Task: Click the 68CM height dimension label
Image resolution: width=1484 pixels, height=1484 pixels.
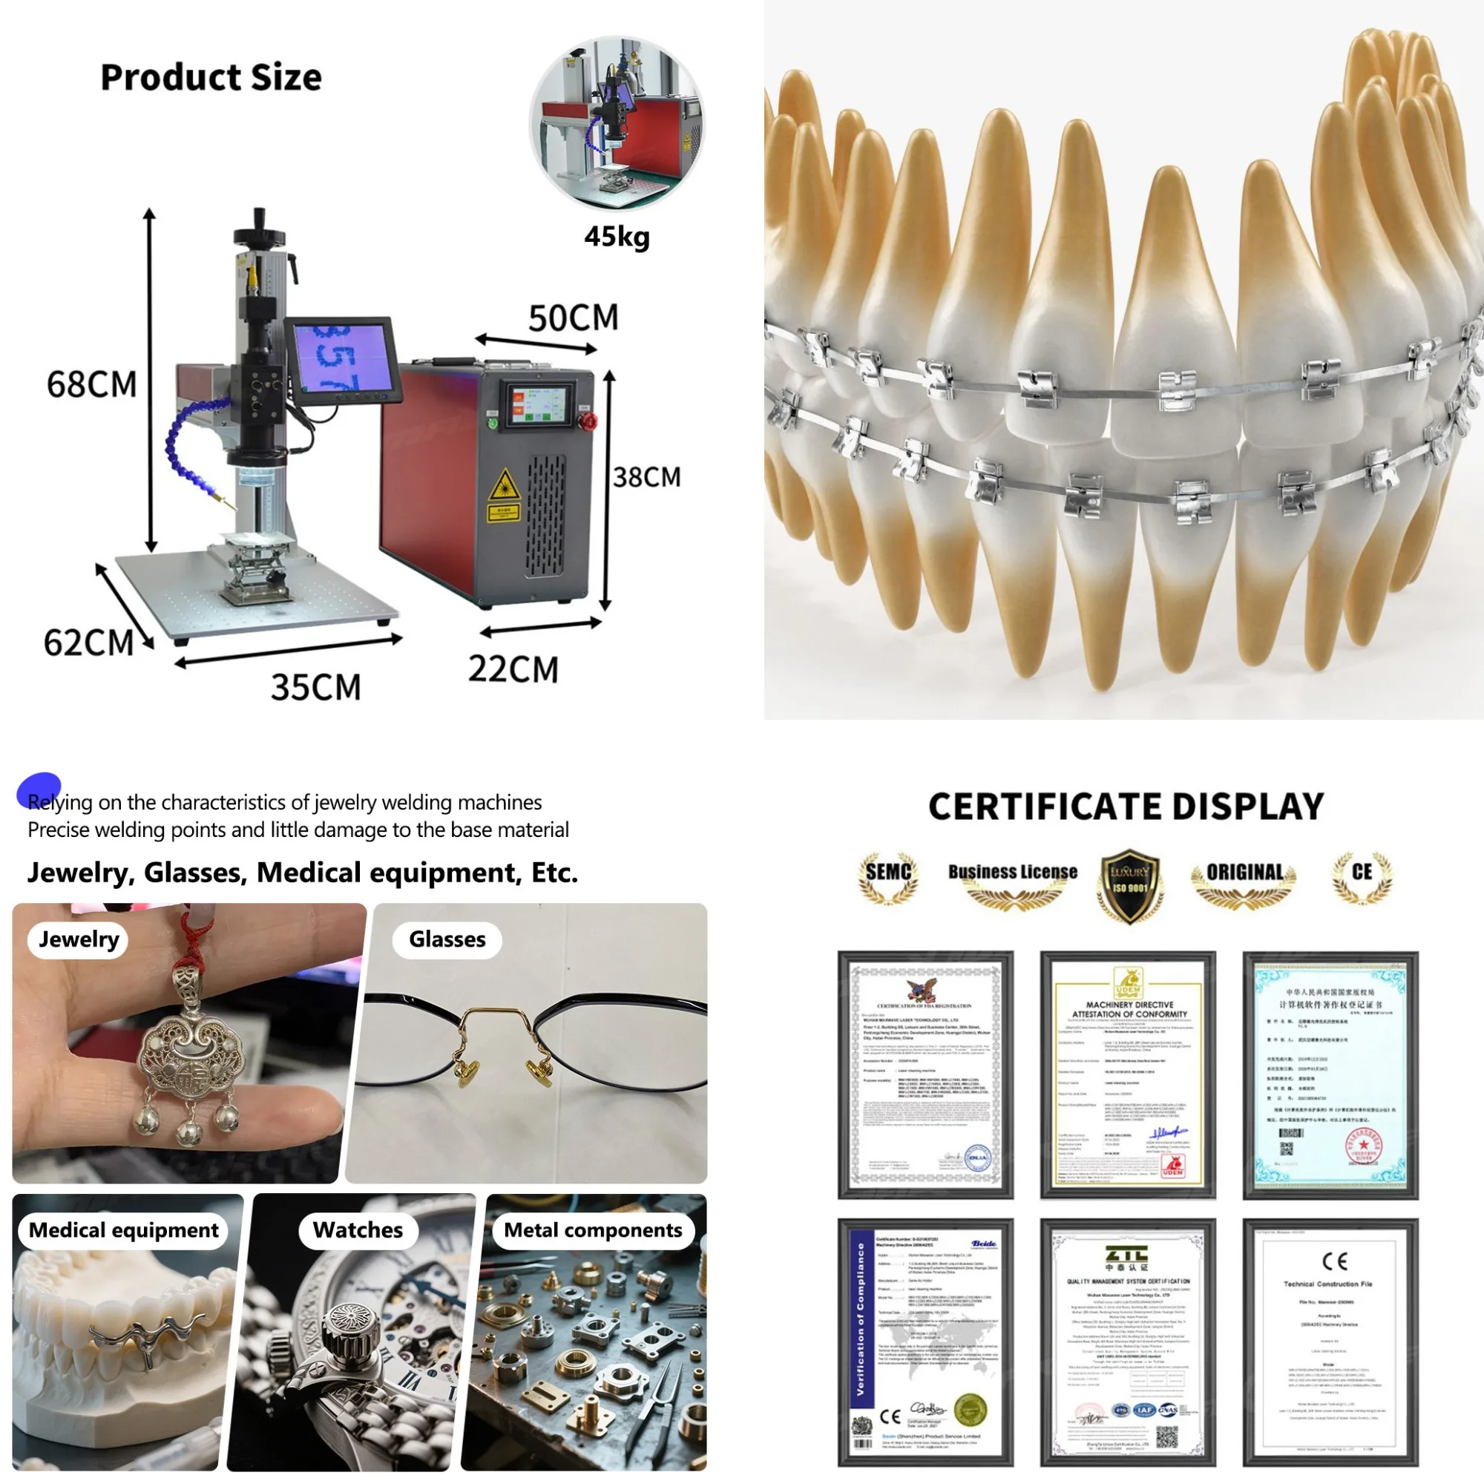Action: [x=91, y=384]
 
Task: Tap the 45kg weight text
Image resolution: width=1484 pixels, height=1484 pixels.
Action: [x=617, y=237]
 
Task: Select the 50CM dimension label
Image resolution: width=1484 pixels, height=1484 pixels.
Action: [x=573, y=318]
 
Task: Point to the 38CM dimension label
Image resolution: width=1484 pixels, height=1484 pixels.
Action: [x=647, y=477]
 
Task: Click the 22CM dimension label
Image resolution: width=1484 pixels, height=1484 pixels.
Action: [x=513, y=669]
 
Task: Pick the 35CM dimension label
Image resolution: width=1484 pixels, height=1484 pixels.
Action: [x=315, y=686]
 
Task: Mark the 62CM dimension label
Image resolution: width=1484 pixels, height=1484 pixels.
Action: [x=88, y=642]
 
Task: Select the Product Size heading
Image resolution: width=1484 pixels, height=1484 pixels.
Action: [x=211, y=78]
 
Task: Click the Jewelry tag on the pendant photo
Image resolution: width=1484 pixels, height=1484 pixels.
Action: [x=79, y=939]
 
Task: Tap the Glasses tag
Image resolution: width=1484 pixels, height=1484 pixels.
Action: [x=447, y=939]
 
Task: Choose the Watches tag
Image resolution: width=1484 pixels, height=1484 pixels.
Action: [x=357, y=1229]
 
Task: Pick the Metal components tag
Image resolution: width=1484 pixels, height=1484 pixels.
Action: [x=592, y=1229]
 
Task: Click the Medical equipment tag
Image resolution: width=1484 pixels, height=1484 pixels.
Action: [x=124, y=1229]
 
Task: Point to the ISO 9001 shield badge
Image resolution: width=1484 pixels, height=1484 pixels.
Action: [x=1129, y=885]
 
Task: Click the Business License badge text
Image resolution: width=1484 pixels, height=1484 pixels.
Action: [x=1012, y=873]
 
